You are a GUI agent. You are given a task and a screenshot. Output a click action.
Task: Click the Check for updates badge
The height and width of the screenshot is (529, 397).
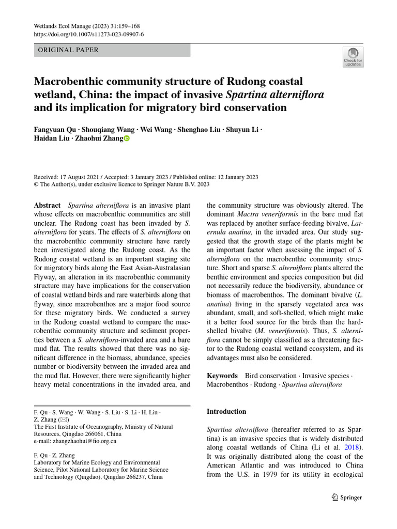353,57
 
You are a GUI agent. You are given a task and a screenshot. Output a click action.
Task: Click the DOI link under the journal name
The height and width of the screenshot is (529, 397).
88,34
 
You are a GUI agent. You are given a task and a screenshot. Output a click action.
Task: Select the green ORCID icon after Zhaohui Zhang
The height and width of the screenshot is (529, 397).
127,138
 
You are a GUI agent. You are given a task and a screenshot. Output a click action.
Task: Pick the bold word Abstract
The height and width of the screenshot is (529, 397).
47,205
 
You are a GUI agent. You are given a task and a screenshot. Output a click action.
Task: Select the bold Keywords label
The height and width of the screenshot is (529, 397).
222,376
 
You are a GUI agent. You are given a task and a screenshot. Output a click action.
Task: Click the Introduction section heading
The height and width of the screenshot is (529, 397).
226,412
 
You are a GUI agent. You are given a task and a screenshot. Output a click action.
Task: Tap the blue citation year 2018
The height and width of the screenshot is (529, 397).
354,447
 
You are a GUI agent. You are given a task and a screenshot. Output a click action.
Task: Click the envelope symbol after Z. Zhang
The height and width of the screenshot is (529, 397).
67,420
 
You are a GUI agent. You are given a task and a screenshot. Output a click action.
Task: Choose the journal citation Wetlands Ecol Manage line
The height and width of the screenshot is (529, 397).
86,26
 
